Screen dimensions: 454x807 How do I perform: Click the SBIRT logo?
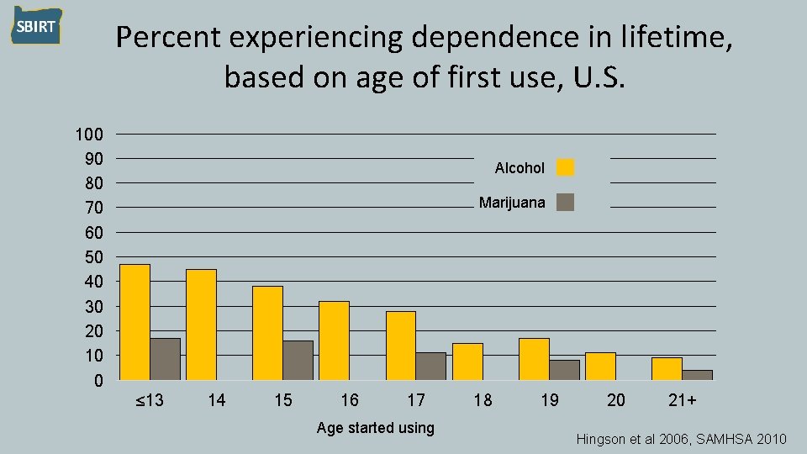point(36,26)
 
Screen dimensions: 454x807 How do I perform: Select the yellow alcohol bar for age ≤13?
point(134,322)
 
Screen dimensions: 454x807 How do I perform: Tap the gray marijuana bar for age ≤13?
point(165,359)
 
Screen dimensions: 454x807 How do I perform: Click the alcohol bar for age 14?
point(201,325)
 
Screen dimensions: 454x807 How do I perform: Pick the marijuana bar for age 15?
point(298,360)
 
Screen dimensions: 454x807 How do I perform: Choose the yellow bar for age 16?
point(334,340)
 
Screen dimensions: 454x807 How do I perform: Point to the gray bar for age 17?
point(430,366)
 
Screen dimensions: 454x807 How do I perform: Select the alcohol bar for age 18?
point(467,362)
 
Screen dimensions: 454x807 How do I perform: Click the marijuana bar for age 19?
point(564,370)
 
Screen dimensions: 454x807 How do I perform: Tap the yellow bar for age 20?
point(600,366)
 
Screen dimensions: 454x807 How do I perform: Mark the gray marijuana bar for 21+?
point(697,375)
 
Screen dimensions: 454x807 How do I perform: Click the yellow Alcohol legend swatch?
point(566,167)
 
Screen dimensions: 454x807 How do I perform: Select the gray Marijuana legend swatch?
point(566,202)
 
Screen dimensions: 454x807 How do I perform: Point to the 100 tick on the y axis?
point(89,135)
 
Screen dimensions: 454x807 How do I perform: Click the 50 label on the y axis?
point(93,257)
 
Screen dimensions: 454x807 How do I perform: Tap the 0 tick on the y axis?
point(98,381)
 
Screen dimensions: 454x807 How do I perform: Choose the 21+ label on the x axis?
point(682,400)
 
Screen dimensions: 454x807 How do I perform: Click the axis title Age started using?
point(375,428)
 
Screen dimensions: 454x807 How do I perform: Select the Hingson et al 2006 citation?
point(681,440)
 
